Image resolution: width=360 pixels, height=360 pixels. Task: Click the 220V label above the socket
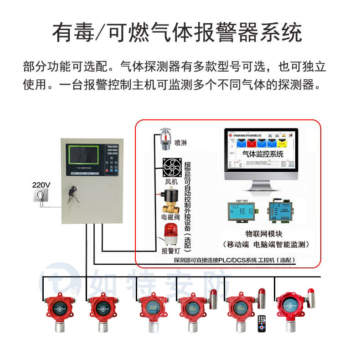tap(41, 185)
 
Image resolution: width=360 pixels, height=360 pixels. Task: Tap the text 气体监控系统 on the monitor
tap(262, 154)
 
